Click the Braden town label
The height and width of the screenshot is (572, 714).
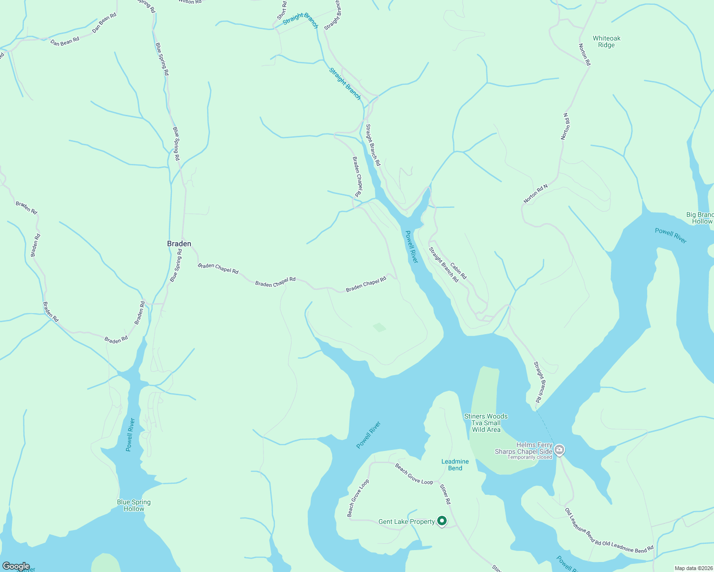click(x=179, y=244)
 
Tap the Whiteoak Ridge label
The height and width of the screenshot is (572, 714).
click(x=607, y=42)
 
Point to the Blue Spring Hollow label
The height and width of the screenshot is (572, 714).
click(x=134, y=505)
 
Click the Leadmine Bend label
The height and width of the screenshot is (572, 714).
click(x=455, y=465)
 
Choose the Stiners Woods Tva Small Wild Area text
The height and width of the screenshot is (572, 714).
click(x=486, y=423)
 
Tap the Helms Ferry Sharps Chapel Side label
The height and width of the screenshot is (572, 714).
click(x=524, y=448)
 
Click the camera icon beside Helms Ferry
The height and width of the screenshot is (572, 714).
click(x=560, y=449)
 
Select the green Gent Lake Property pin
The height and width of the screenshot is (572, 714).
click(x=442, y=521)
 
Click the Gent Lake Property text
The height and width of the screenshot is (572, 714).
click(x=406, y=522)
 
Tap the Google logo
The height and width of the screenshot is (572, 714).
click(x=16, y=566)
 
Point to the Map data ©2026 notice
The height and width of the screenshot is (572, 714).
click(x=693, y=568)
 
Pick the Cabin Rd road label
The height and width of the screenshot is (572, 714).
click(x=459, y=271)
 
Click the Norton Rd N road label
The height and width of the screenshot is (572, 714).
click(x=535, y=194)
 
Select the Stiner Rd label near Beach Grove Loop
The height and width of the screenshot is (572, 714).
click(x=444, y=494)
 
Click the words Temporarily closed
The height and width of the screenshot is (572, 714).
click(x=529, y=457)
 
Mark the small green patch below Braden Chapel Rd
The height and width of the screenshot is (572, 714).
click(x=379, y=327)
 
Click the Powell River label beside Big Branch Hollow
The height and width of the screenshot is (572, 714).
click(x=671, y=235)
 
